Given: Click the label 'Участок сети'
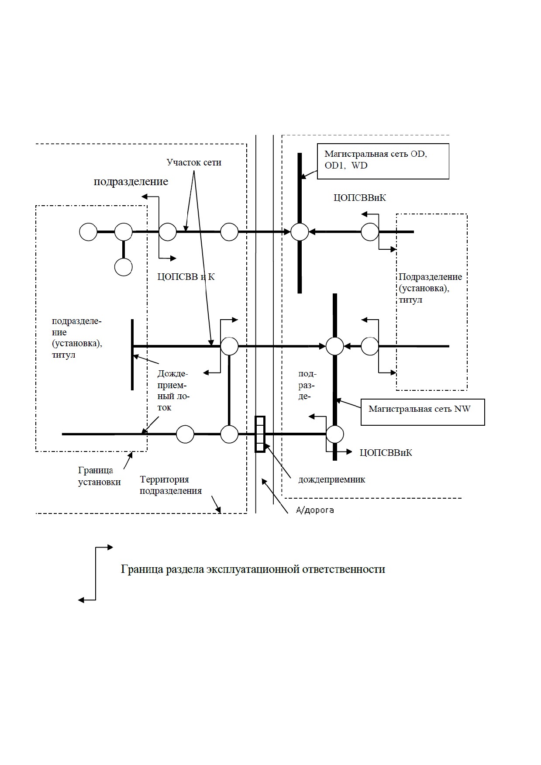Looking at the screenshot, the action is (194, 162).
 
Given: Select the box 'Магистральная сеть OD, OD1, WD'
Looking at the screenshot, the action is (383, 161).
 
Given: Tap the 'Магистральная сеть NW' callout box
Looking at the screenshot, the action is (423, 412).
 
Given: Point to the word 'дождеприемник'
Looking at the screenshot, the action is (332, 479).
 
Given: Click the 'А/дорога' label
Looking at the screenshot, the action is (315, 510).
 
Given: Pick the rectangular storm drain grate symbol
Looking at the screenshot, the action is (260, 434).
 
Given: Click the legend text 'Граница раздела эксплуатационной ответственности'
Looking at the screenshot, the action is (253, 569).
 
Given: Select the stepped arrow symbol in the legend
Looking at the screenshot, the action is (95, 573).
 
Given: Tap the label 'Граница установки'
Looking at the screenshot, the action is (99, 476).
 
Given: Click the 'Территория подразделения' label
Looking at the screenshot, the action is (171, 485).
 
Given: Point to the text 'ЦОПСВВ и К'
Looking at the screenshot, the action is (186, 277).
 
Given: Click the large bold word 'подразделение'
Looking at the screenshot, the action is (131, 182).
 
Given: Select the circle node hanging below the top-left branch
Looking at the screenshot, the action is (124, 267).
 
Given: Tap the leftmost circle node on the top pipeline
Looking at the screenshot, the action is (88, 232).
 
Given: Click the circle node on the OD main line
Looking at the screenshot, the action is (300, 232).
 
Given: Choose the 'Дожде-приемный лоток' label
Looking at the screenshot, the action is (173, 391).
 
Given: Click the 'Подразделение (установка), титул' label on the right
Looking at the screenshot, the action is (430, 288).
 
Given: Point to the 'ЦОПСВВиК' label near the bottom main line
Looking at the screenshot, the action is (386, 453).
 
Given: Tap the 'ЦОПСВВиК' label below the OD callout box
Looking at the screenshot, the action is (360, 198).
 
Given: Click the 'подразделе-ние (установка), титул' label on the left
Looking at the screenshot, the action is (77, 338).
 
